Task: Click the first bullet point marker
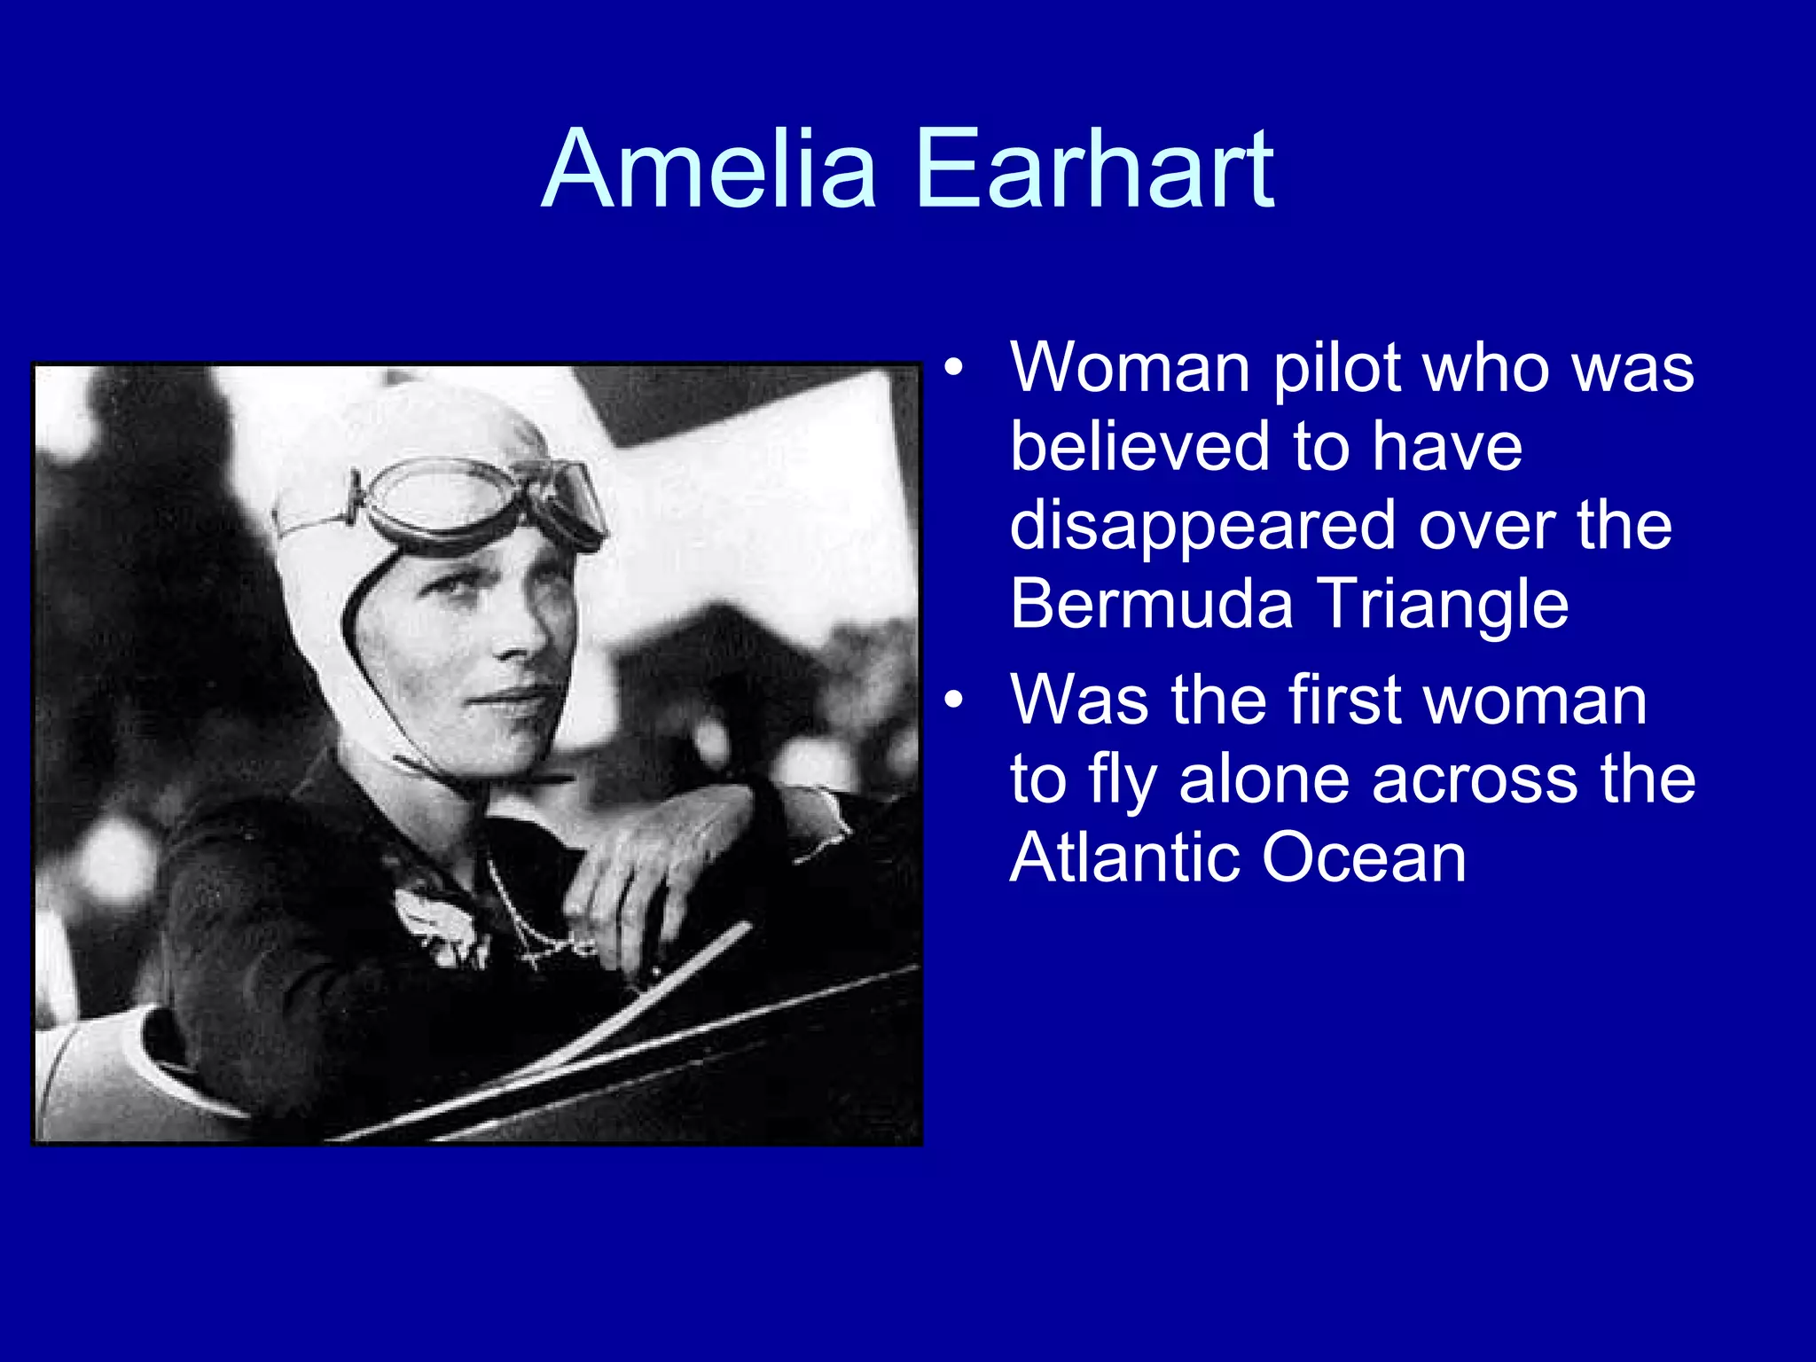point(953,368)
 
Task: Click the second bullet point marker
point(953,701)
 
